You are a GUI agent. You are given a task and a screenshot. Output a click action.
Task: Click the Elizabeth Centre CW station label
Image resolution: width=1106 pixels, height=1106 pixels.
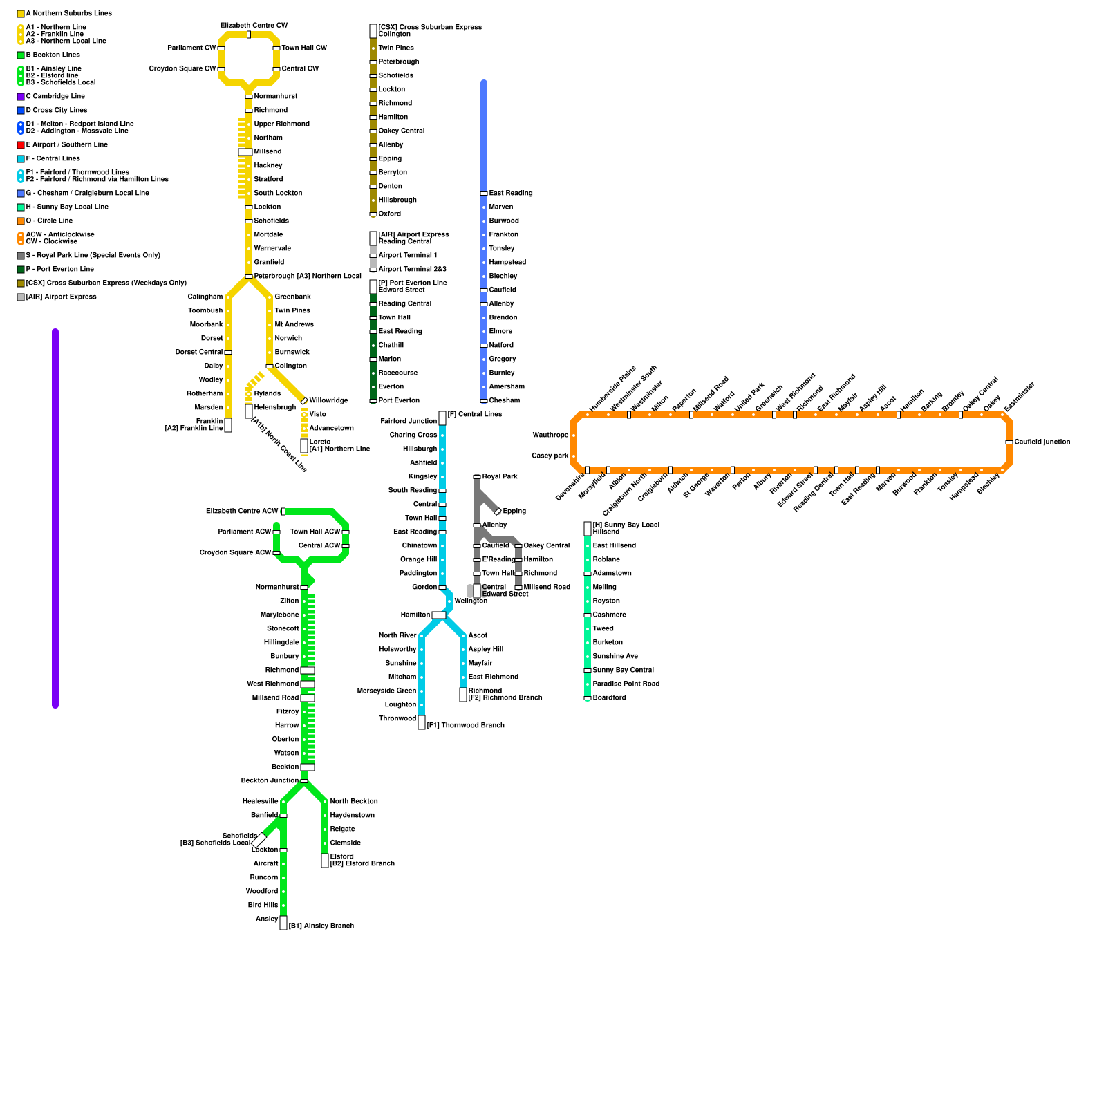[254, 26]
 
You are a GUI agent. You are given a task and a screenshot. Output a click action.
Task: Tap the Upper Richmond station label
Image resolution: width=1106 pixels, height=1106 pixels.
[281, 124]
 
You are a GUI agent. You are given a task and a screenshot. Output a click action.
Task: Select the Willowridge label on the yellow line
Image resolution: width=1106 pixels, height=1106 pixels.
[328, 401]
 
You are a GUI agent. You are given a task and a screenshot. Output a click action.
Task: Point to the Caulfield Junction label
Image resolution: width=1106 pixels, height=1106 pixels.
[1042, 442]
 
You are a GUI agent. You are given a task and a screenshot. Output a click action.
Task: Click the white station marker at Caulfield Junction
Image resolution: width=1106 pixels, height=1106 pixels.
[1009, 442]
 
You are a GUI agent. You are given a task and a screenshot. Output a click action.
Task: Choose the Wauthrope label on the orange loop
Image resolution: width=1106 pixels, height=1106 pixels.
[550, 435]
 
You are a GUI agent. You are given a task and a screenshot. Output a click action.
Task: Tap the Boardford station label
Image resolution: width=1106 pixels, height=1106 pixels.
[609, 698]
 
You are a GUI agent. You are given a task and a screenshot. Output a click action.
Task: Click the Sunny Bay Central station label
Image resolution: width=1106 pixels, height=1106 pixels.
[623, 671]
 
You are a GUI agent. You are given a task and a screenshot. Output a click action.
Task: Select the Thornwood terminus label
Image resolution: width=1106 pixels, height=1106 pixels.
[397, 719]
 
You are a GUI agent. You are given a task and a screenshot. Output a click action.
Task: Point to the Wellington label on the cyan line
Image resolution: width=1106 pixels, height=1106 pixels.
[471, 601]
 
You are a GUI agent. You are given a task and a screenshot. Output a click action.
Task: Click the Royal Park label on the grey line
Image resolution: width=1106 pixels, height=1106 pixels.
[500, 477]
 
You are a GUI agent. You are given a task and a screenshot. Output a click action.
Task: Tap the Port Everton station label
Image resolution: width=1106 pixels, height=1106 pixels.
[399, 401]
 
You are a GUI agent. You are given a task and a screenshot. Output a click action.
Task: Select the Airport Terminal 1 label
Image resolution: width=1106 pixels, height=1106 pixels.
[407, 256]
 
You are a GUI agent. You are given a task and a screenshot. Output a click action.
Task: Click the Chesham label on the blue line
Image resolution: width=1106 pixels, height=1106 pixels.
[504, 401]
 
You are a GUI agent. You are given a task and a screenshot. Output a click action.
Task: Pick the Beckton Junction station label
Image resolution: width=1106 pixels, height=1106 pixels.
[270, 781]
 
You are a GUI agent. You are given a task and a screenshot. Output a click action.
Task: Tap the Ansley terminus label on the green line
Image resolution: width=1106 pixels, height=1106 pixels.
[267, 919]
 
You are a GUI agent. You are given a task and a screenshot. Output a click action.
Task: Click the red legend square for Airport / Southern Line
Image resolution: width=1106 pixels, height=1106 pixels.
[21, 145]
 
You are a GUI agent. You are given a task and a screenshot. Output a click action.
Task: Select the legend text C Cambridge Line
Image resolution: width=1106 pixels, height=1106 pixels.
[55, 97]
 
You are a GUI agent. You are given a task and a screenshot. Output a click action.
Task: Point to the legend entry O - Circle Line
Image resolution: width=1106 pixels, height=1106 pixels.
[49, 221]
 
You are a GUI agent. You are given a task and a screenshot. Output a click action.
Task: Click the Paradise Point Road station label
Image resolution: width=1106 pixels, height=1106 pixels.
[626, 684]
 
